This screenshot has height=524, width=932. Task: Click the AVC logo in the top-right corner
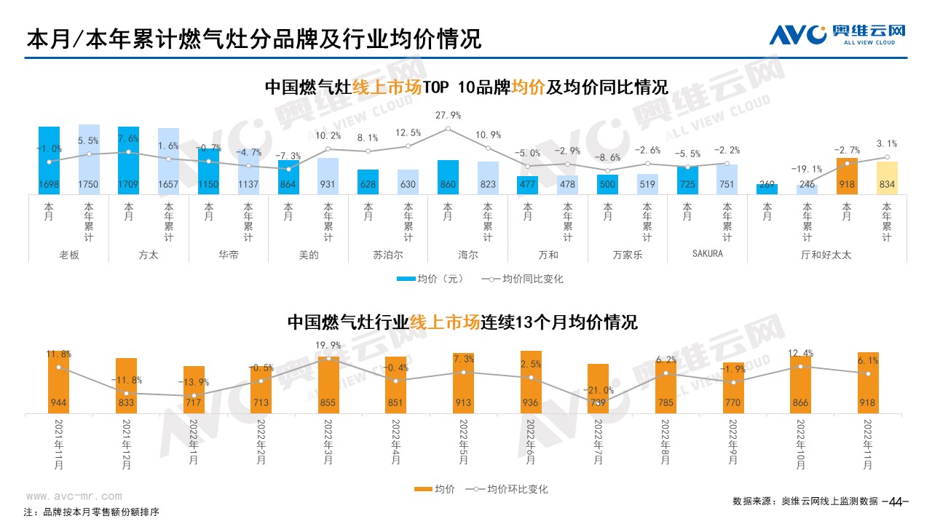pos(837,33)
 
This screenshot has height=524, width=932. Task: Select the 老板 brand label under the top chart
pos(69,255)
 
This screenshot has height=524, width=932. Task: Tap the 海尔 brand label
pos(468,255)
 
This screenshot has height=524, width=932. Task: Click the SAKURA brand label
pos(706,255)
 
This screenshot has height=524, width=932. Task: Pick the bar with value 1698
pos(50,161)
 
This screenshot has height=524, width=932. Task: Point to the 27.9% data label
pos(448,116)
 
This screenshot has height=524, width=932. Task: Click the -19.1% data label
pos(807,169)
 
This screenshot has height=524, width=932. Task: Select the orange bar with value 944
pos(58,382)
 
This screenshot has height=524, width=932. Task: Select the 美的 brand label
pos(309,255)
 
